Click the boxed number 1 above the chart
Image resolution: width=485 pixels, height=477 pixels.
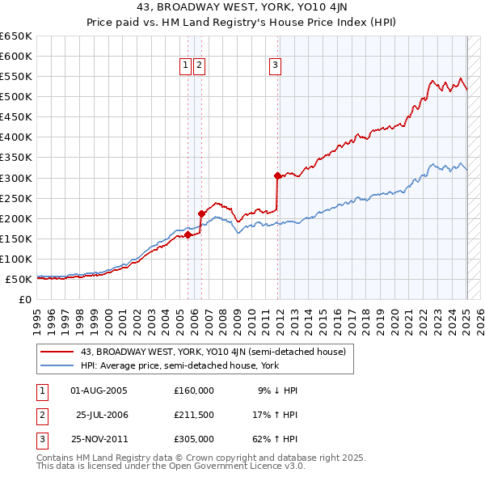186,66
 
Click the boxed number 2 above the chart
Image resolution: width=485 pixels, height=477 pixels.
199,66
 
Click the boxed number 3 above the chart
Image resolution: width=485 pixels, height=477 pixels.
276,66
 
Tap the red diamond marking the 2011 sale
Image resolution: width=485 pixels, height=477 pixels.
277,175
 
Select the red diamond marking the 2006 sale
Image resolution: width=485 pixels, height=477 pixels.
201,213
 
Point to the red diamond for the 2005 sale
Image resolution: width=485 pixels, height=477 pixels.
188,235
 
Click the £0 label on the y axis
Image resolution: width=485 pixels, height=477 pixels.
24,300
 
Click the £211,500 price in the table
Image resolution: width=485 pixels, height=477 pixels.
194,415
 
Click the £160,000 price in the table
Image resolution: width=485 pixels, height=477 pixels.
194,390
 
